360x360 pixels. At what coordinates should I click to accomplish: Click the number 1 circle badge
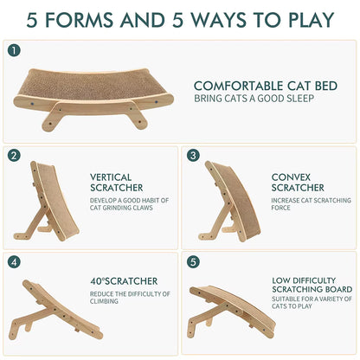[x=14, y=50]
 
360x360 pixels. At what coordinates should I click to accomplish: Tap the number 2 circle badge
[x=14, y=156]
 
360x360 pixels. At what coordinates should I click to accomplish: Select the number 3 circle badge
[x=193, y=156]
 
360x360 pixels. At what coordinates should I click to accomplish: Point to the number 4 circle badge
[x=14, y=262]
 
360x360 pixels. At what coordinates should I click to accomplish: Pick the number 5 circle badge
[x=193, y=262]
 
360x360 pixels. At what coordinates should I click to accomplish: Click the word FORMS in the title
[x=79, y=20]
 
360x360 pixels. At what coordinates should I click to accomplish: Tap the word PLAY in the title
[x=312, y=20]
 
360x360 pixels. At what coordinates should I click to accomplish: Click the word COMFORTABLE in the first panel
[x=238, y=86]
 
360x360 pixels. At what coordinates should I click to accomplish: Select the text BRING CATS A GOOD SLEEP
[x=254, y=99]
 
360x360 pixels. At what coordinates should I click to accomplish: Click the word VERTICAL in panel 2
[x=111, y=177]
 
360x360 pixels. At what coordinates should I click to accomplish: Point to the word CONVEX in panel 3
[x=291, y=177]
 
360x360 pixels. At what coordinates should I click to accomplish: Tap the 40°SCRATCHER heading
[x=124, y=281]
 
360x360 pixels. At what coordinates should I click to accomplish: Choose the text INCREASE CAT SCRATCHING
[x=312, y=200]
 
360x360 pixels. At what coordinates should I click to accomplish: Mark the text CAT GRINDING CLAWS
[x=121, y=208]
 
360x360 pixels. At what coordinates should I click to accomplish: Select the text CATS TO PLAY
[x=292, y=306]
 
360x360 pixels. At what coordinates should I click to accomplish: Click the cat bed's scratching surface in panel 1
[x=93, y=84]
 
